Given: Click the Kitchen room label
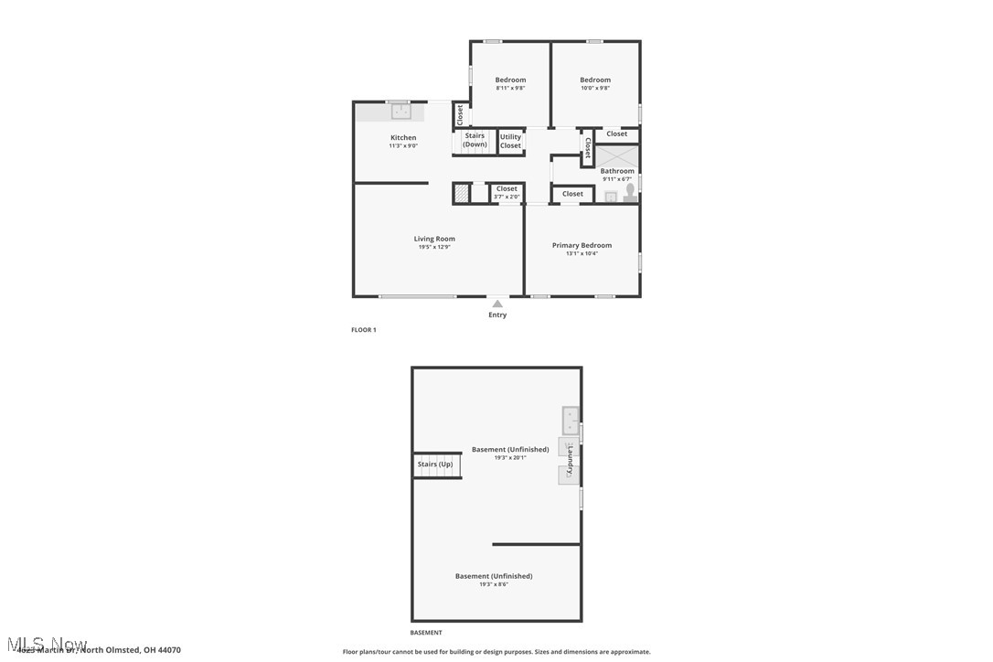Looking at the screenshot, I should [x=403, y=138].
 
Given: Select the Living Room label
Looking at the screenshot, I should [x=434, y=239].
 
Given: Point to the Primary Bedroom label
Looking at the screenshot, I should [x=582, y=245].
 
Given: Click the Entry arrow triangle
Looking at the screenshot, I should [x=497, y=304].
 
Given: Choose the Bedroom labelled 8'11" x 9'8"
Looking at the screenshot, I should [x=510, y=80].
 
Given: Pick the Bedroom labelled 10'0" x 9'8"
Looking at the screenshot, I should [x=594, y=80].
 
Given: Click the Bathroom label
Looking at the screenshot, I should [x=617, y=171].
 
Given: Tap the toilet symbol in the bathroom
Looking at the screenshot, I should [x=630, y=194].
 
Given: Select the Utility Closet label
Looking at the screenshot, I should [x=510, y=141].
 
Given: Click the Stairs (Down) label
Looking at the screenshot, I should [x=475, y=140].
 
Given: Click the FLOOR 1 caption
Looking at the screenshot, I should [x=364, y=330].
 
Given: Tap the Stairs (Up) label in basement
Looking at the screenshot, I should [x=435, y=464].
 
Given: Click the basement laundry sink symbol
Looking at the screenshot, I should [x=571, y=422].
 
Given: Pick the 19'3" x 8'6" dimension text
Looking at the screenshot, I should [x=494, y=584].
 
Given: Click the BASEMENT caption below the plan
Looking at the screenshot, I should [x=426, y=633].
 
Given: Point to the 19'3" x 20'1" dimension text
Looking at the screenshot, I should [x=510, y=457].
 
